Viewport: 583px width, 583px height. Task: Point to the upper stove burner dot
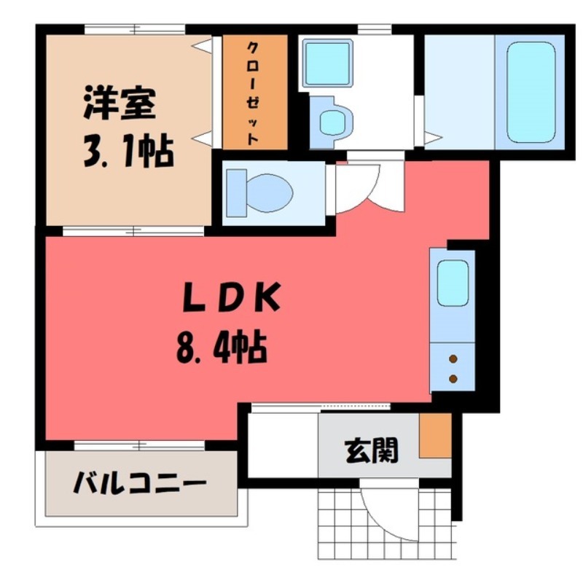click(x=453, y=359)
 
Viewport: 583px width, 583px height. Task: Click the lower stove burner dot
click(x=453, y=378)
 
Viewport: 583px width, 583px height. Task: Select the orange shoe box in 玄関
click(x=436, y=435)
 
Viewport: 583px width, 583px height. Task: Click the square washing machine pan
click(x=326, y=63)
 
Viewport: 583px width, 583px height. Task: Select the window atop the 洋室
click(x=136, y=30)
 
